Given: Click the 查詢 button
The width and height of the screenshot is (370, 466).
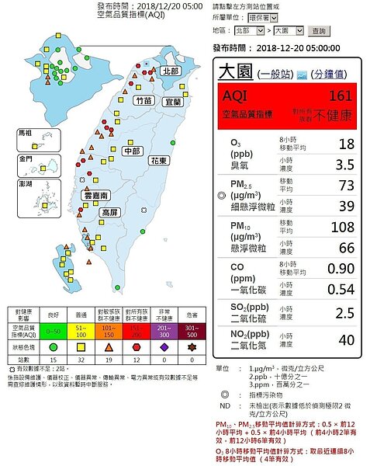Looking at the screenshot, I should click(x=318, y=31).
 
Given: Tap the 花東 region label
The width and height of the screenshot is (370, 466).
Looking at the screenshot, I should click(x=159, y=159).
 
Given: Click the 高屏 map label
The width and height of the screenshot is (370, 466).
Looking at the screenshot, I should click(x=110, y=211).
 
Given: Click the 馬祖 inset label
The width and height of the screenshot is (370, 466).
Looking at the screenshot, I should click(x=26, y=133).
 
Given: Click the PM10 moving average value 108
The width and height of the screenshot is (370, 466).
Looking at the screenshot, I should click(x=340, y=228).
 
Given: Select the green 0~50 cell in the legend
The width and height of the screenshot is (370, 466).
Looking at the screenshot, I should click(x=54, y=331).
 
